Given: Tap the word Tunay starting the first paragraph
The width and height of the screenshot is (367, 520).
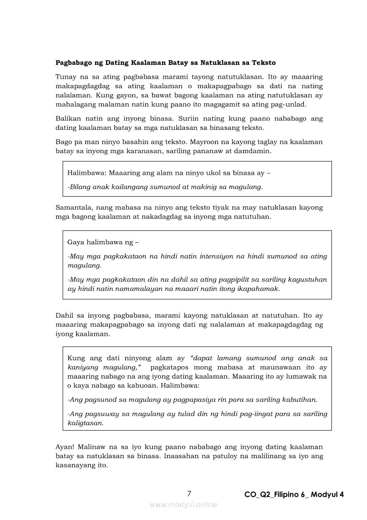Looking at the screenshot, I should [x=65, y=77].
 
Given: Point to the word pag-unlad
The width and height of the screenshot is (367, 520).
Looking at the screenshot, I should [x=291, y=105].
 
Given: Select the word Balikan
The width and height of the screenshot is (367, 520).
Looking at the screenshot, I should [x=68, y=119].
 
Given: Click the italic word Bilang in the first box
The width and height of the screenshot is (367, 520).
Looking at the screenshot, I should [x=80, y=187].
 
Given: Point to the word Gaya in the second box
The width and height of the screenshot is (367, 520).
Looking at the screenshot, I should [x=76, y=242].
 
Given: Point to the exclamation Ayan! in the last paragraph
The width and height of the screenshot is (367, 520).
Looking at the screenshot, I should [x=65, y=447].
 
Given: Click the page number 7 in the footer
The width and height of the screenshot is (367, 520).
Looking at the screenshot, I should [x=189, y=494].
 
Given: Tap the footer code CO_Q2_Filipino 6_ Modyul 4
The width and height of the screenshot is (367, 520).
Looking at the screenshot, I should [x=294, y=495].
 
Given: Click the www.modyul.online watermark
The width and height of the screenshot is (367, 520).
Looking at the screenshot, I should [x=183, y=504].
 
